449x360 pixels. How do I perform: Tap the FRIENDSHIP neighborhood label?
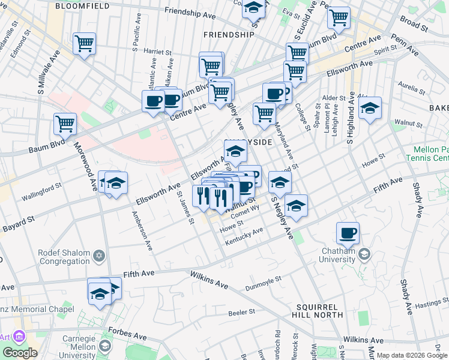229,35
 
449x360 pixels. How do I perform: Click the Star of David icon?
99,256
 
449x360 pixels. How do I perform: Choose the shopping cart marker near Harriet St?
84,43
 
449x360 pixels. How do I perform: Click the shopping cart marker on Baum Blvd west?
65,124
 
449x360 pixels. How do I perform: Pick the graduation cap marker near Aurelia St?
370,109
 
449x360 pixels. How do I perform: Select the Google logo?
20,353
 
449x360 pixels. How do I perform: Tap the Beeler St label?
243,312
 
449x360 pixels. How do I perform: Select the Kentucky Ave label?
244,236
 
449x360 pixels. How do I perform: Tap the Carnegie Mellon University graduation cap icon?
106,346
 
